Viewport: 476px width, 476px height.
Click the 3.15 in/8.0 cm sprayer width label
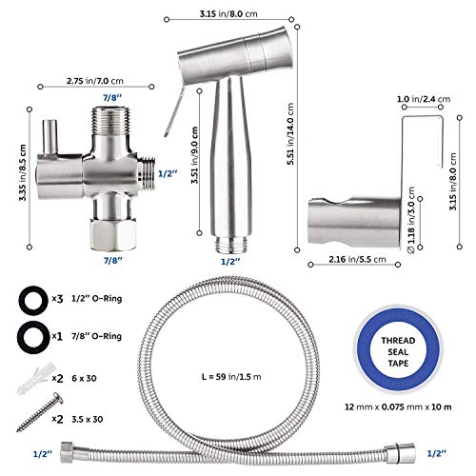[x=228, y=14]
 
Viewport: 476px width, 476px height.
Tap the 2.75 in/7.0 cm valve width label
[x=95, y=81]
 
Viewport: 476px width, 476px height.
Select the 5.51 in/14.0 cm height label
[x=290, y=133]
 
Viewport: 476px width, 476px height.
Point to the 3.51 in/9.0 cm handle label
[x=194, y=155]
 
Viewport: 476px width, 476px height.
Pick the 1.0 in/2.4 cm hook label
[x=424, y=99]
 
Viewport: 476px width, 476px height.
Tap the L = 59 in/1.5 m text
[x=231, y=377]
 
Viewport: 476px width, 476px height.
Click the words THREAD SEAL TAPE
[x=398, y=352]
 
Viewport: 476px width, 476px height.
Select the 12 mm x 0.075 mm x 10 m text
[x=398, y=407]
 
